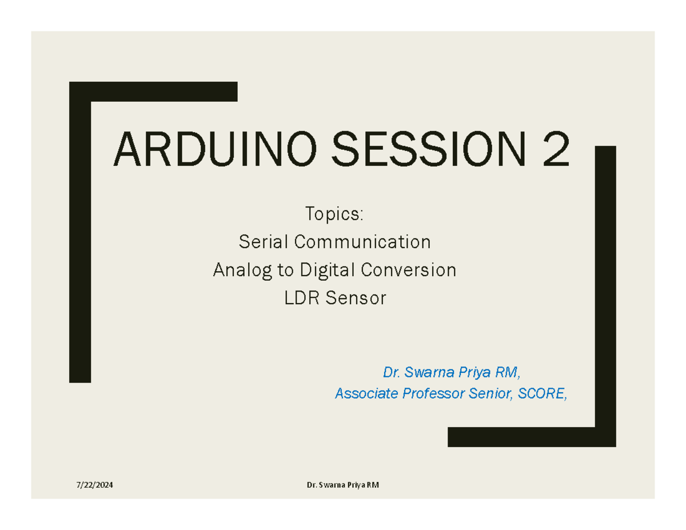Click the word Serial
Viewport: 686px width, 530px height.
264,242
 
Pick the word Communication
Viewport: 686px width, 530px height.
362,242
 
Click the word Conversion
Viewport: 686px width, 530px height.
411,270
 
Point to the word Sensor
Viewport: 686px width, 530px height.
356,298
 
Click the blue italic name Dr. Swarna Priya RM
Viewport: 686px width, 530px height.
452,373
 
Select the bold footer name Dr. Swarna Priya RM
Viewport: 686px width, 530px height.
342,485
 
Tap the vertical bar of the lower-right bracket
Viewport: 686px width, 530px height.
605,286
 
